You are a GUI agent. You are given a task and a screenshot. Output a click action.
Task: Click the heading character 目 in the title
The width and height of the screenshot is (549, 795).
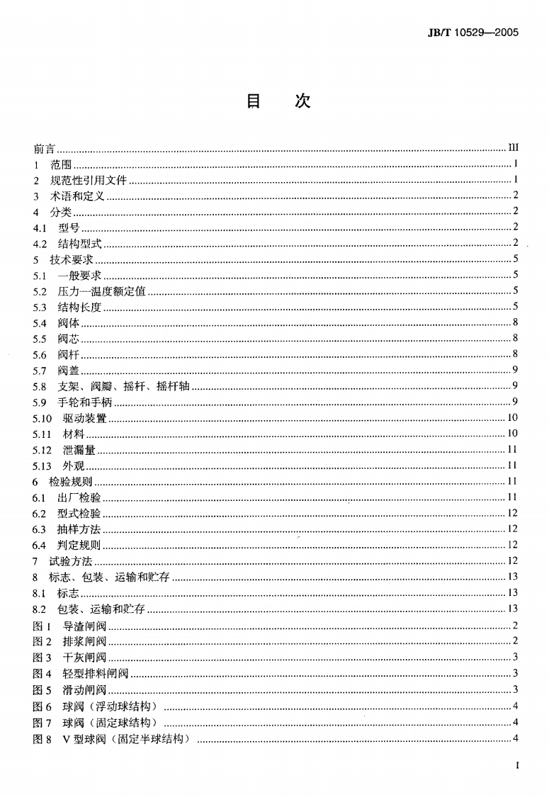coord(254,101)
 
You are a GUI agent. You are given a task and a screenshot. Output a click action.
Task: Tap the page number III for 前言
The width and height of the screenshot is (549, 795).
coord(514,148)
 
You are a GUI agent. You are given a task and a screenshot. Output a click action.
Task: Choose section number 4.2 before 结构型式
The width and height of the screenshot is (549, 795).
coord(40,243)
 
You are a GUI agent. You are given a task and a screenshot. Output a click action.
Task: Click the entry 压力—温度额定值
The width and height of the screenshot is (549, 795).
coord(101,291)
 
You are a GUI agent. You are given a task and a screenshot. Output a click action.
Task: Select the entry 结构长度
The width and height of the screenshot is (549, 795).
coord(79,307)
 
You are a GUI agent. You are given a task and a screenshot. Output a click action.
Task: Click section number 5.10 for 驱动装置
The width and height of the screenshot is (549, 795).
coord(43,418)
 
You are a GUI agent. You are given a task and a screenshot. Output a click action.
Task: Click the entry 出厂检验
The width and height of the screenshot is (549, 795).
coord(79,497)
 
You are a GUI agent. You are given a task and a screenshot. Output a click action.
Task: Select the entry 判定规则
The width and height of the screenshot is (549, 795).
coord(79,545)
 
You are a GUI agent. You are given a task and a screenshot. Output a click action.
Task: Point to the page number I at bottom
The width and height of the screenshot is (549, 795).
coord(519,766)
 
